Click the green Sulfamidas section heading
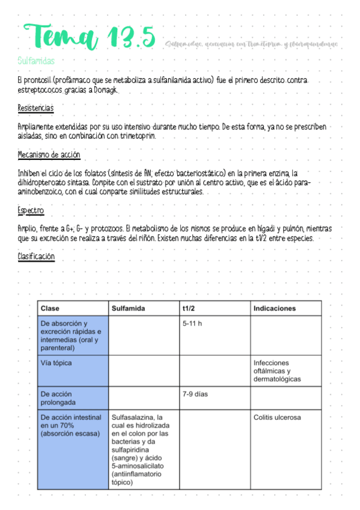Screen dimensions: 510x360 click(x=37, y=61)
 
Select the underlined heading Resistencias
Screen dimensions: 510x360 click(x=35, y=108)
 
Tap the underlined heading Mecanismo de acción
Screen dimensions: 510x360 click(x=49, y=155)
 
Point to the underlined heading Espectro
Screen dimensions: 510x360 click(x=31, y=211)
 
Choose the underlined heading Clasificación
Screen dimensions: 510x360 click(x=36, y=257)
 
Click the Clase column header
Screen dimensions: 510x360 click(x=50, y=309)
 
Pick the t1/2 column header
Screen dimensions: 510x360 click(x=190, y=309)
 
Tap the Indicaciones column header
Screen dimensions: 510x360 click(x=274, y=309)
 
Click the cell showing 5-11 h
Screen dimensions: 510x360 click(x=192, y=324)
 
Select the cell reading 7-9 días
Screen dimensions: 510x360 click(x=195, y=395)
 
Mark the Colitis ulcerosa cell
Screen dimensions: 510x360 click(x=277, y=417)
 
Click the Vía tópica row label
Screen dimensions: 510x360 click(x=56, y=363)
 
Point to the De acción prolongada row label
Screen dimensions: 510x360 click(x=56, y=398)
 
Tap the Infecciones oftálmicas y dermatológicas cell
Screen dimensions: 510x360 click(x=277, y=371)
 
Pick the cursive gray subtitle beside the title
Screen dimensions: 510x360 click(x=251, y=44)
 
